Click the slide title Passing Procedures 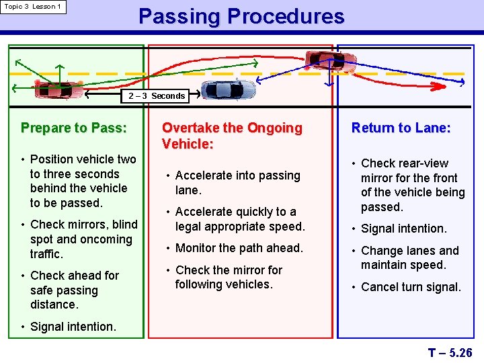coord(241,16)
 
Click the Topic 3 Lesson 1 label coord(33,7)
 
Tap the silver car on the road coord(229,89)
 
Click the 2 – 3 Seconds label coord(157,96)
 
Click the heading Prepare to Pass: coord(73,128)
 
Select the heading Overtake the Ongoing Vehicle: coord(232,135)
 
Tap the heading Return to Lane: coord(401,128)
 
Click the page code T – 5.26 coord(450,352)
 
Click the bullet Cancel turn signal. coord(411,287)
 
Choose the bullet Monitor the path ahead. coord(239,248)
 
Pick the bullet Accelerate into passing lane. coord(237,183)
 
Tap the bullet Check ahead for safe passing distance coord(74,290)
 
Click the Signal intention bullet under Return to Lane coord(403,229)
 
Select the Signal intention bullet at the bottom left coord(73,327)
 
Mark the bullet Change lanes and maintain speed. coord(409,257)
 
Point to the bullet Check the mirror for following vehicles coord(229,277)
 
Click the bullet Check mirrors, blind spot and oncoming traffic coord(83,239)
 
